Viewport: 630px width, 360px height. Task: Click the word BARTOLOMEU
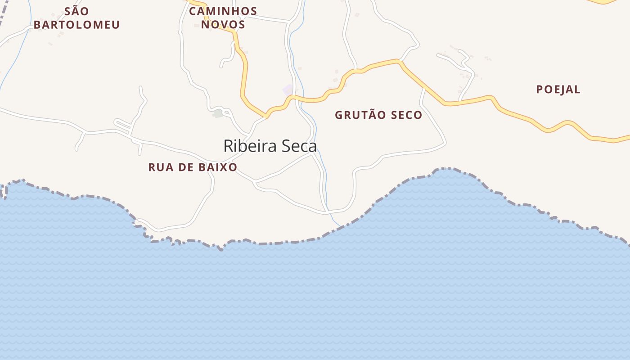point(76,25)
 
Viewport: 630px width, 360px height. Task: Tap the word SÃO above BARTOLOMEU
point(76,11)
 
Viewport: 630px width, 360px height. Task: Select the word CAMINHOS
point(223,11)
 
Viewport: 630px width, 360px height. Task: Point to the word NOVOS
point(223,24)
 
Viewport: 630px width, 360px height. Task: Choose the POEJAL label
point(558,90)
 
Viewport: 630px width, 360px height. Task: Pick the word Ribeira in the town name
point(249,146)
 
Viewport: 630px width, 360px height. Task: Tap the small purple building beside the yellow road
point(288,90)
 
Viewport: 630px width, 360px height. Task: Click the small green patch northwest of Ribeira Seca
point(218,113)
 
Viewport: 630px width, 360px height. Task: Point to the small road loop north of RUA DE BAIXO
point(122,125)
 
